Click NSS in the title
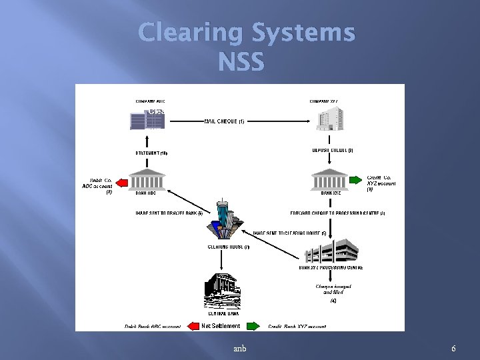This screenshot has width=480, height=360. click(x=241, y=62)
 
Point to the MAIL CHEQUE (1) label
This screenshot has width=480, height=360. click(x=224, y=121)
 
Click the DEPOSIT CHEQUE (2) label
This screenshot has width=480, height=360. click(x=333, y=150)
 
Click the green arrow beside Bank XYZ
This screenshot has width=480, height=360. click(x=355, y=180)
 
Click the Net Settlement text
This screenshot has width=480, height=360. click(x=221, y=326)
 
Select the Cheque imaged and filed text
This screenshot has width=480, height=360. click(x=333, y=289)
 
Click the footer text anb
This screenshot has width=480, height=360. click(x=239, y=349)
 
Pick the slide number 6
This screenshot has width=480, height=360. click(x=453, y=349)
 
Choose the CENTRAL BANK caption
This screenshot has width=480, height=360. click(x=225, y=313)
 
